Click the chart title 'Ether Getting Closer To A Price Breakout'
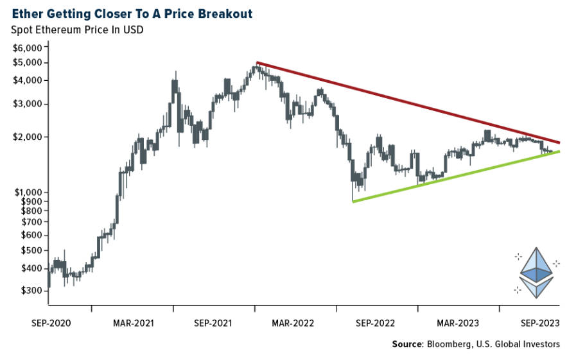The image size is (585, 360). (128, 13)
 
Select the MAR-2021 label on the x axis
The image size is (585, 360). (133, 323)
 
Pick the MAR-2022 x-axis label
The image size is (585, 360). (295, 323)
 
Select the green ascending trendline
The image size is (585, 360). (456, 176)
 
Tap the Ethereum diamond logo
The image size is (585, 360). (536, 272)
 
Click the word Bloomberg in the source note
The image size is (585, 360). (448, 345)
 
